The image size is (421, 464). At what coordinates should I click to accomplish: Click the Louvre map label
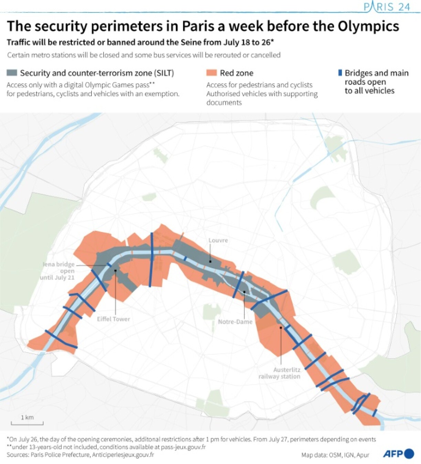pyautogui.click(x=218, y=240)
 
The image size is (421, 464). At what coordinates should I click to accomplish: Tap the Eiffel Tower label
pyautogui.click(x=113, y=319)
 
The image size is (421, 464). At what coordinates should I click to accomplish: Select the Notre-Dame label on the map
pyautogui.click(x=235, y=322)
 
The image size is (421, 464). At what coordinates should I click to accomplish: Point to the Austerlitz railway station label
pyautogui.click(x=280, y=373)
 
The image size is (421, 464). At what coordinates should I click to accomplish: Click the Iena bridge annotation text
pyautogui.click(x=58, y=271)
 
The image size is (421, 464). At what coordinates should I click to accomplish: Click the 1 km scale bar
pyautogui.click(x=27, y=422)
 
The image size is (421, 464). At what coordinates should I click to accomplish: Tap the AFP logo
pyautogui.click(x=398, y=454)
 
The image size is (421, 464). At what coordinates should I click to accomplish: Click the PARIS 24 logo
pyautogui.click(x=387, y=7)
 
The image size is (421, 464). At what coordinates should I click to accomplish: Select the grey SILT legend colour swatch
pyautogui.click(x=12, y=73)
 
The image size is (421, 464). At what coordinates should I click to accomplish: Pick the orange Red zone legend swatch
pyautogui.click(x=211, y=73)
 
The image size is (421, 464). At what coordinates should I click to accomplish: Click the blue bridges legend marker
pyautogui.click(x=340, y=73)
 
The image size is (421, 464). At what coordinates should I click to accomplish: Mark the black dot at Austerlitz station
pyautogui.click(x=281, y=328)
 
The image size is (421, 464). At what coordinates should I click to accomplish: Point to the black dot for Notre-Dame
pyautogui.click(x=244, y=292)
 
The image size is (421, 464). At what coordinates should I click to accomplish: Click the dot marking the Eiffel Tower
pyautogui.click(x=116, y=270)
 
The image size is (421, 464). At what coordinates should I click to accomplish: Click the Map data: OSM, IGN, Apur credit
pyautogui.click(x=335, y=455)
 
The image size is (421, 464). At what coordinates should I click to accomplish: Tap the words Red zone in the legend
pyautogui.click(x=237, y=73)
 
